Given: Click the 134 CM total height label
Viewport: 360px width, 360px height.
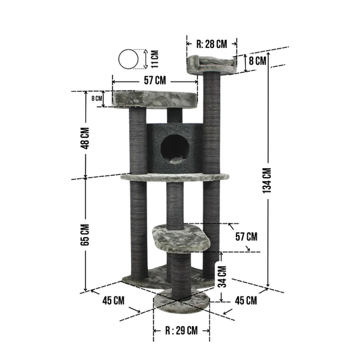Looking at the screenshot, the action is point(267,180).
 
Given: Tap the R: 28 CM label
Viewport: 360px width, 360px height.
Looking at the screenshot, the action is point(211,44).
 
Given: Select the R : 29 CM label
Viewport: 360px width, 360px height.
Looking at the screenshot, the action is point(182,330).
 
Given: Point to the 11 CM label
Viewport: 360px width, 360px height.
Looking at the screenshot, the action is point(155,59).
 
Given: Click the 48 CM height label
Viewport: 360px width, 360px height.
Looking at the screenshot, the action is point(85,138).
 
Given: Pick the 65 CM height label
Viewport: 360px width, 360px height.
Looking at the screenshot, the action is point(85,234).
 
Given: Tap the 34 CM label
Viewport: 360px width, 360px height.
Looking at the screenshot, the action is point(222,277).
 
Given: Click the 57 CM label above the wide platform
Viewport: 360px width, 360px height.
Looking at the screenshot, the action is point(155,80).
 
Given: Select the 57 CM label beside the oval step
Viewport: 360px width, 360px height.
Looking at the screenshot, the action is point(247,236).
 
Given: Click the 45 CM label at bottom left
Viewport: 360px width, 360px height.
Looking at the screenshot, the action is point(113,301).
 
